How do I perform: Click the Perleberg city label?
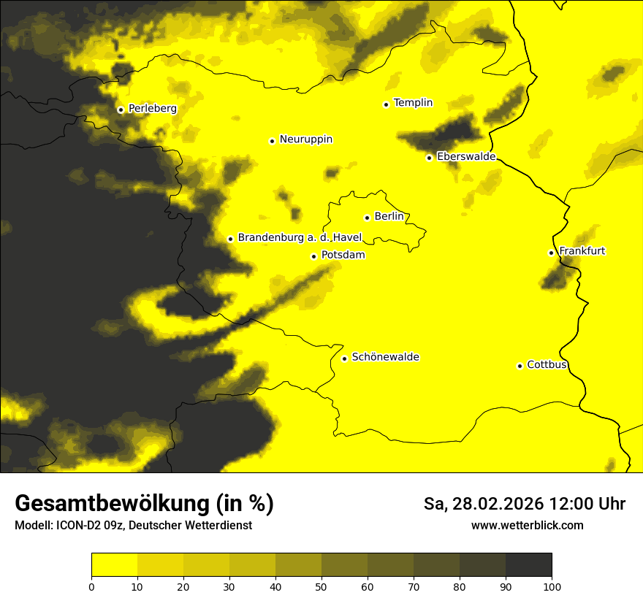coord(152,109)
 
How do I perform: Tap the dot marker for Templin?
coord(386,104)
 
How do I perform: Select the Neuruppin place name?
coord(305,139)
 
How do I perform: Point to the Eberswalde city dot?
coord(429,158)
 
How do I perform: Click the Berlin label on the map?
coord(389,217)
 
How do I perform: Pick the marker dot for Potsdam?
coord(313,256)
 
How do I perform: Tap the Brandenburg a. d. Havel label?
coord(300,238)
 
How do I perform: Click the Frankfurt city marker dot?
coord(551,253)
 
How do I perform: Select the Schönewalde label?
coord(385,357)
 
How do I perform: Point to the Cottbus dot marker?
coord(520,366)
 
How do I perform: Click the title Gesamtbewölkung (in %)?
coord(144,504)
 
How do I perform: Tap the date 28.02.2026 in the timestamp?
coord(497,504)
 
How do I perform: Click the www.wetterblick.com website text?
coord(527,526)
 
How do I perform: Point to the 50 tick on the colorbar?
coord(321,586)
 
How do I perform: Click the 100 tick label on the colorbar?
coord(552,586)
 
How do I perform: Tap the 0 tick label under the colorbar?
coord(91,586)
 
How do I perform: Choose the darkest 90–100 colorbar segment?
coord(528,565)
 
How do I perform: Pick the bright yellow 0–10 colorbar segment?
coord(115,565)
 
